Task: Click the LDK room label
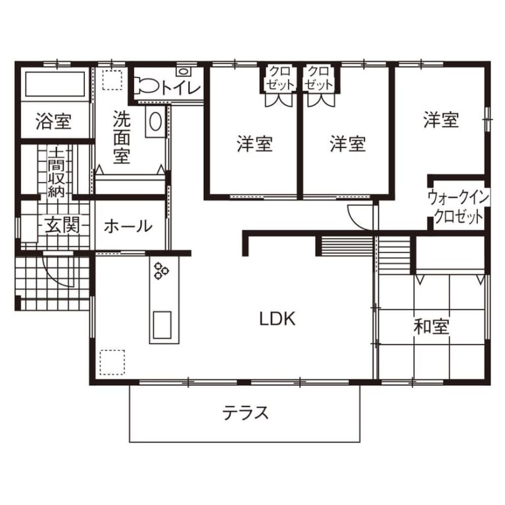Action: click(277, 319)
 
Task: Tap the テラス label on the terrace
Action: click(245, 413)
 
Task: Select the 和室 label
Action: click(431, 327)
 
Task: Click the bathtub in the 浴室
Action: click(55, 84)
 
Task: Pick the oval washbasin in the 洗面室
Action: click(156, 122)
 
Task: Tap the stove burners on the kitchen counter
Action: click(161, 271)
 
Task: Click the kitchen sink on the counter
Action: click(162, 325)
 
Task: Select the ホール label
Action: click(128, 226)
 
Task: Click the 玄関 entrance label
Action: click(62, 225)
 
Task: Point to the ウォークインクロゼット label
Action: click(458, 207)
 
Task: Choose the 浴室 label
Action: click(53, 121)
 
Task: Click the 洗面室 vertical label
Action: click(122, 137)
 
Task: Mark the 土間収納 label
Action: click(56, 172)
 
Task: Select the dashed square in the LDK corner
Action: click(112, 362)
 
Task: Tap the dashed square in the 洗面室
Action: click(112, 80)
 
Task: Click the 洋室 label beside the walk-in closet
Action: click(441, 119)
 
